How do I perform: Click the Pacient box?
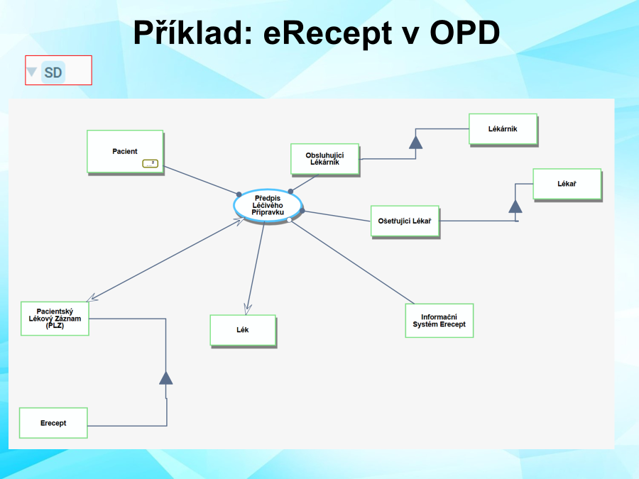(125, 151)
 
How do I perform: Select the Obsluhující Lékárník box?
(324, 159)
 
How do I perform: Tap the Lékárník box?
(503, 129)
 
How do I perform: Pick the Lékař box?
(567, 185)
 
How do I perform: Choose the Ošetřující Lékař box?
(405, 221)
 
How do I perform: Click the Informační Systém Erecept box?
(439, 320)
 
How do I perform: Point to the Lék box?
(243, 330)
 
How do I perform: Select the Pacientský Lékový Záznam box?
(55, 319)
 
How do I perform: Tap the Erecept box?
(53, 423)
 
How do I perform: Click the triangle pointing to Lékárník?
(415, 141)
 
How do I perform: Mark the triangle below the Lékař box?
(515, 206)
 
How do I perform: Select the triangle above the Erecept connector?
(166, 377)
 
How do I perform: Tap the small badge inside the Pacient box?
(150, 164)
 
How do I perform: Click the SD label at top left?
(53, 72)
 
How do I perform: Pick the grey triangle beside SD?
(32, 72)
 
